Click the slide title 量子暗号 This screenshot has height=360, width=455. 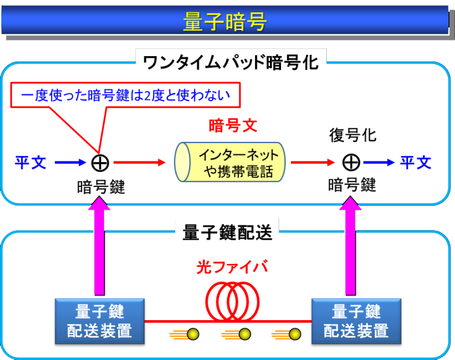pyautogui.click(x=226, y=22)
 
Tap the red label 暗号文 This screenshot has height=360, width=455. pyautogui.click(x=229, y=125)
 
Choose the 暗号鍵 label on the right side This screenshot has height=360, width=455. pyautogui.click(x=352, y=185)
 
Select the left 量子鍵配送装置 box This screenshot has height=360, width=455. pyautogui.click(x=99, y=321)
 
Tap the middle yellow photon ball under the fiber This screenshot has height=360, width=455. pyautogui.click(x=244, y=335)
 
